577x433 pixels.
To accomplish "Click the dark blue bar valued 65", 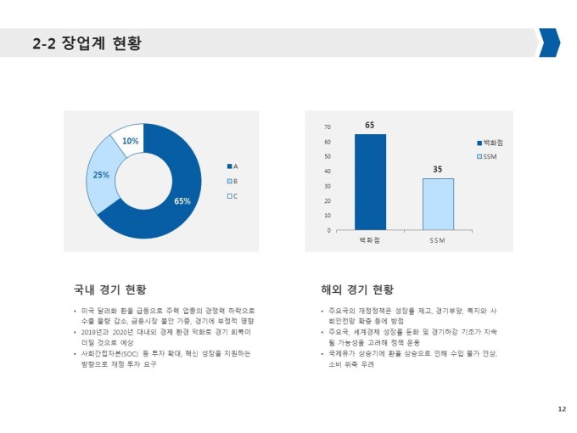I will (369, 183).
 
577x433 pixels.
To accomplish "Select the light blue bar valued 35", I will (437, 204).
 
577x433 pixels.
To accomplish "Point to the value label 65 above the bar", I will (370, 126).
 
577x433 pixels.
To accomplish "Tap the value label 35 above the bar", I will (438, 170).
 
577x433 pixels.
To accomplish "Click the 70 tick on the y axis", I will (328, 127).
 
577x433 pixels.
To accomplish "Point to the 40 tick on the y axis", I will (328, 172).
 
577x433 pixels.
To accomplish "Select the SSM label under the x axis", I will (438, 241).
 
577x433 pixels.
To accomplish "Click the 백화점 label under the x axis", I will (370, 241).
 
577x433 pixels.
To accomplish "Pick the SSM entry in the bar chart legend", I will (491, 156).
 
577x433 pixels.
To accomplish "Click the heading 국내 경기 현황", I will (110, 289).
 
